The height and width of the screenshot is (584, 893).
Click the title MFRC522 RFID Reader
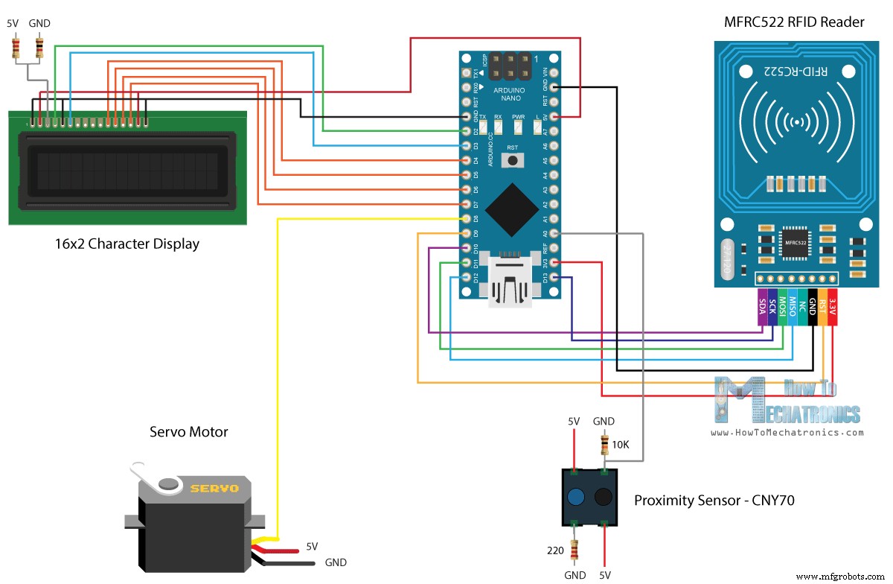(794, 22)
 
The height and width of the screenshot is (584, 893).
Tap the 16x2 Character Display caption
(127, 244)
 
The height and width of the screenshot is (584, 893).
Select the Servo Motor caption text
(188, 432)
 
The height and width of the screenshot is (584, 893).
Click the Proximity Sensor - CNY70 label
(714, 501)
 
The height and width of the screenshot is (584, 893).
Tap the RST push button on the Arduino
(513, 159)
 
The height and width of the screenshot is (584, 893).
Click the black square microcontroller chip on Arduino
(513, 209)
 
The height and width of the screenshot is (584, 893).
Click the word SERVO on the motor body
(214, 489)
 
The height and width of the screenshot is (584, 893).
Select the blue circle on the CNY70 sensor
(575, 498)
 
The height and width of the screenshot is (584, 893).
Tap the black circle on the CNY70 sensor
(603, 498)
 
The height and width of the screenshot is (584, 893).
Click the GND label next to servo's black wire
(335, 562)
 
